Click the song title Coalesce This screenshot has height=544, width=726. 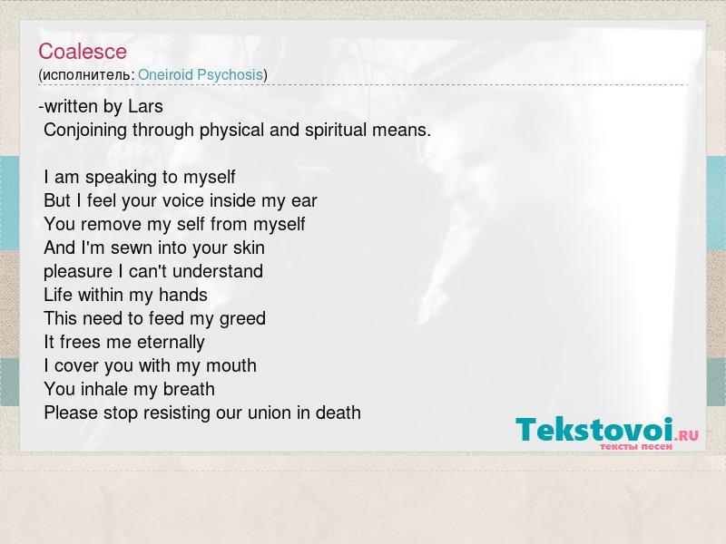tap(83, 52)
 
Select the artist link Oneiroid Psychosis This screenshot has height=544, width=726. tap(201, 75)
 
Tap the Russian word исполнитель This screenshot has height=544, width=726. tap(86, 75)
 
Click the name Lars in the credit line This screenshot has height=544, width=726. tap(145, 106)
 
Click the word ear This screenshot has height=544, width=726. tap(304, 201)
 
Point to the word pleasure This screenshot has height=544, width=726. tap(78, 272)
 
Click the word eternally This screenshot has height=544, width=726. tap(171, 343)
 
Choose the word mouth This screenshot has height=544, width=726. tap(231, 366)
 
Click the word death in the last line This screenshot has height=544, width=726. tap(338, 413)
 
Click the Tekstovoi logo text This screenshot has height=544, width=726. tap(594, 429)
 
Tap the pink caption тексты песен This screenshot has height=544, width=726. tap(636, 447)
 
